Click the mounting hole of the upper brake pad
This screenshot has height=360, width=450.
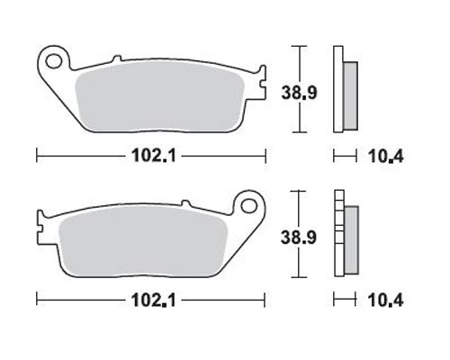54,61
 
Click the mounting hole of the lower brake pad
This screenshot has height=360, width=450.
248,206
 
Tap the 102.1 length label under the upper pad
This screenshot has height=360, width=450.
154,156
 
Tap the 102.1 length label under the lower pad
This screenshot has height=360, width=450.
154,300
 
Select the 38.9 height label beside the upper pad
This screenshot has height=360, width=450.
299,93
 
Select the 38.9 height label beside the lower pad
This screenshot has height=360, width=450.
299,237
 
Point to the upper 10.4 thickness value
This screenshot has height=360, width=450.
386,157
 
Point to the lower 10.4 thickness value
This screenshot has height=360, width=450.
386,301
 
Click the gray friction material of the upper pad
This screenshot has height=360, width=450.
159,96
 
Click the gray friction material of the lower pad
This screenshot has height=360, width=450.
143,240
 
